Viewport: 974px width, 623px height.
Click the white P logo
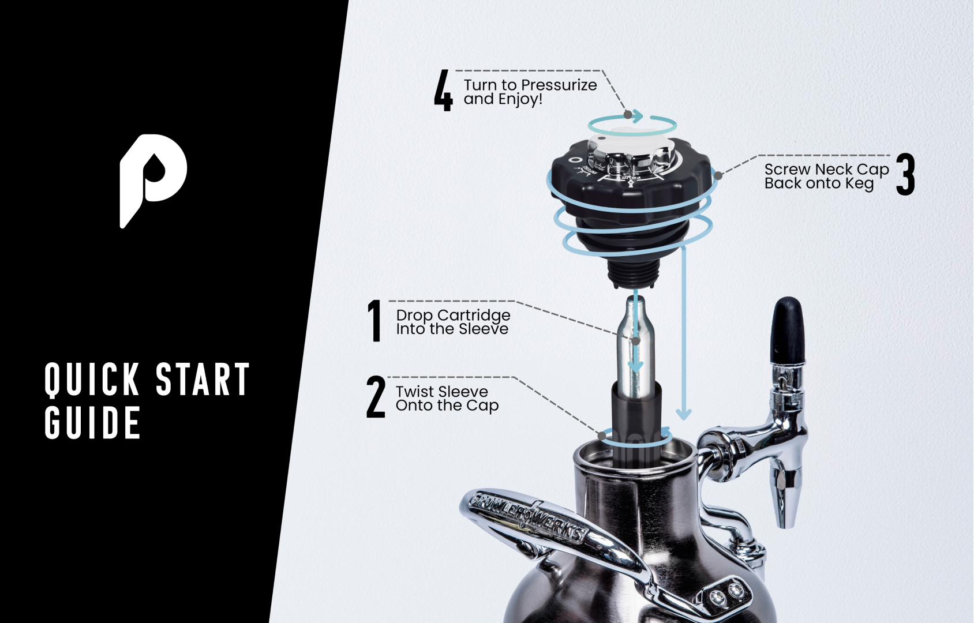151,176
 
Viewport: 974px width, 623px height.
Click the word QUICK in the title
92,380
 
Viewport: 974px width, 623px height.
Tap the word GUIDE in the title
92,423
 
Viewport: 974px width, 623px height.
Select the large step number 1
375,321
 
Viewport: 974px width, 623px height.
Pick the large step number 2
376,397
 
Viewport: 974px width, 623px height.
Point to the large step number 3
905,174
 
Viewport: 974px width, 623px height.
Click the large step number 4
443,91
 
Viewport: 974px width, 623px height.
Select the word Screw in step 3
788,170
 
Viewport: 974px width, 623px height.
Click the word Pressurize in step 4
559,85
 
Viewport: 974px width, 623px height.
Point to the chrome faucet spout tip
785,513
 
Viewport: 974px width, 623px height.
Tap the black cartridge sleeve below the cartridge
636,421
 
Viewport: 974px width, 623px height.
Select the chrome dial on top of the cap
632,153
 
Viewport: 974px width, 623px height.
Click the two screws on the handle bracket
726,594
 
